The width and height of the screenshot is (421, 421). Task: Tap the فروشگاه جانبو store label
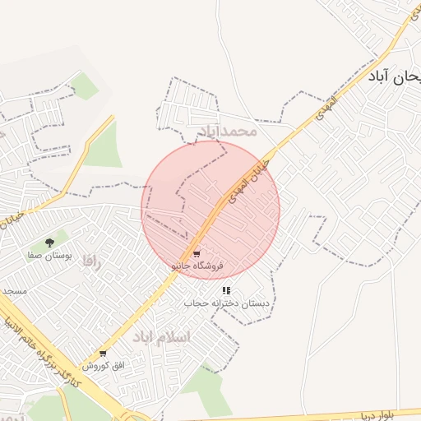pos(197,266)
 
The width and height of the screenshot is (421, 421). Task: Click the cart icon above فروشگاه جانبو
pos(196,254)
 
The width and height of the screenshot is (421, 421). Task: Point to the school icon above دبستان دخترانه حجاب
pos(226,290)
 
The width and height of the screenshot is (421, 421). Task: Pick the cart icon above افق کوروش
pos(103,354)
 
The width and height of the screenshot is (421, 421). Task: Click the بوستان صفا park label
pos(50,256)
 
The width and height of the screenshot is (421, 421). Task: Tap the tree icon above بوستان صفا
pos(50,243)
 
